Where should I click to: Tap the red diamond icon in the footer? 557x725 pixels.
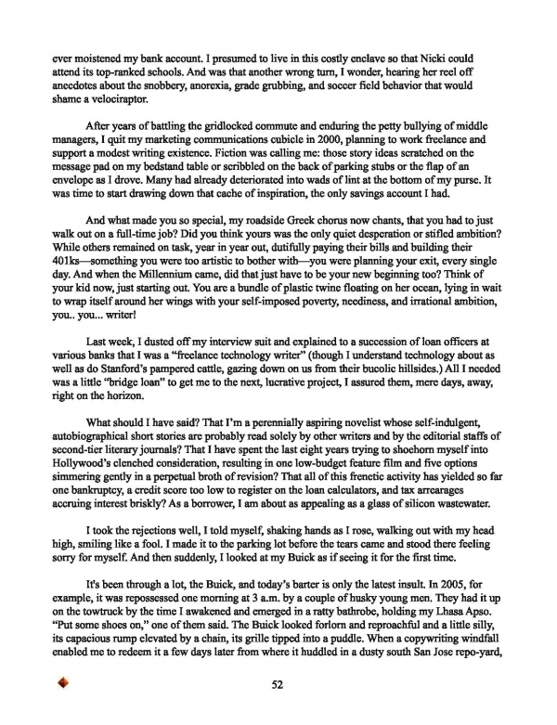pyautogui.click(x=64, y=683)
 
